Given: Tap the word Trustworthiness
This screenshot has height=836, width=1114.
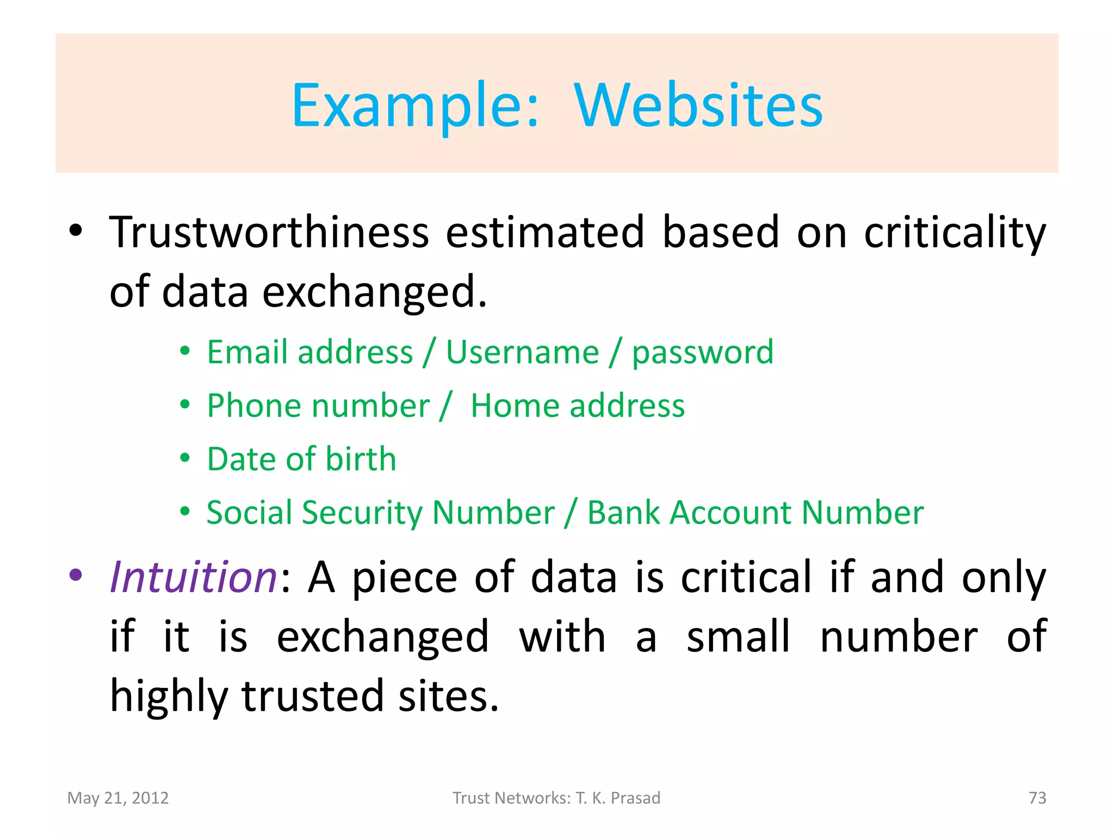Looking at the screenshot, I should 269,232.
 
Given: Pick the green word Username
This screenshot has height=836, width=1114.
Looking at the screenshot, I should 522,352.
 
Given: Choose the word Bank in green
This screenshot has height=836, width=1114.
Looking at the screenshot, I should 623,513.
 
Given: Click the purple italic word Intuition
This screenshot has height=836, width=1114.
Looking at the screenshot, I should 193,577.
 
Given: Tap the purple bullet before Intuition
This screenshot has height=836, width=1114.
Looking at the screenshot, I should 76,575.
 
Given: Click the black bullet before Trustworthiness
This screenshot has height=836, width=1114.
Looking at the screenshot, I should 76,230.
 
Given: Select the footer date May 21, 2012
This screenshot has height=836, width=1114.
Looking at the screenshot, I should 118,798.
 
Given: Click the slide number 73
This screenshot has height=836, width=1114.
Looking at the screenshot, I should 1037,798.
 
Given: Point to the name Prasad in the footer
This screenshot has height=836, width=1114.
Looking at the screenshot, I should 635,798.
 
